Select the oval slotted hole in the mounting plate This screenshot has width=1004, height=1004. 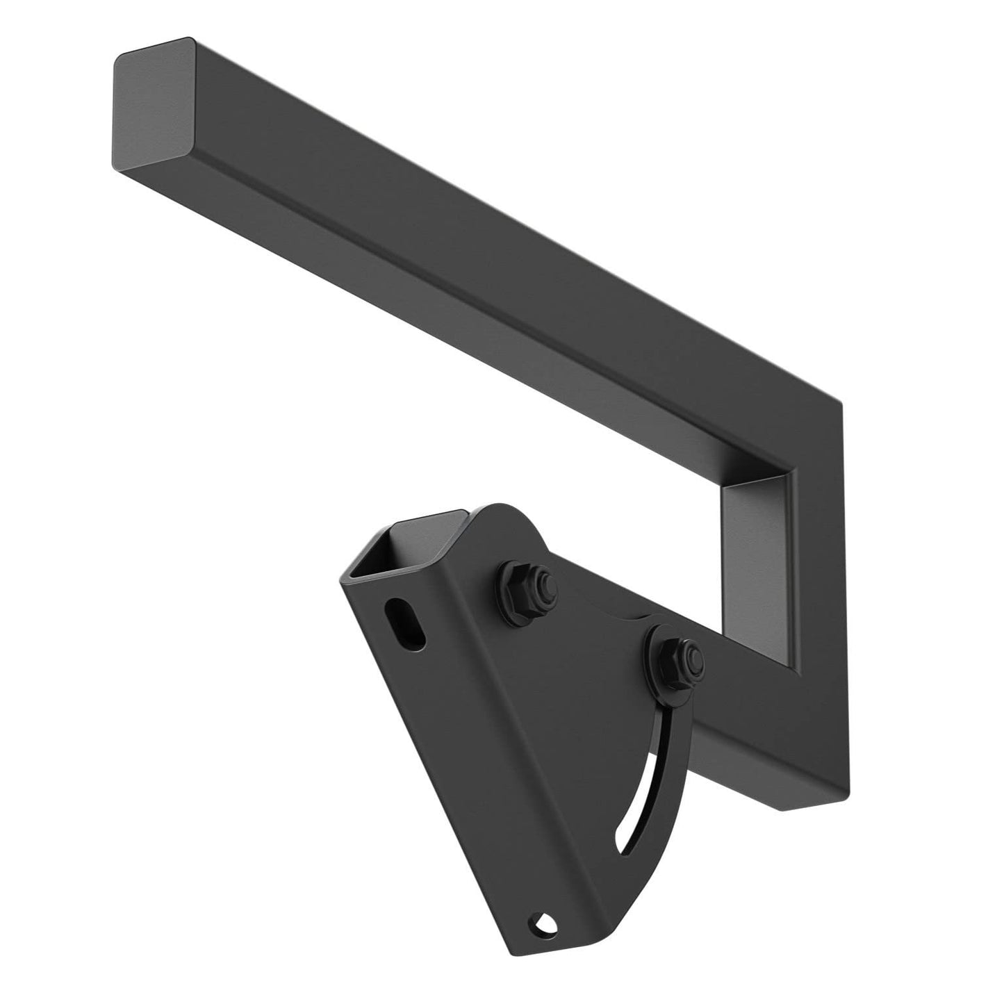406,623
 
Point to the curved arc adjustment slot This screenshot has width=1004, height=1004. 639,785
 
